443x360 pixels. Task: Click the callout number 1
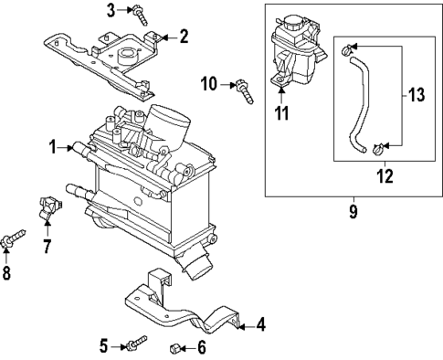(x=53, y=147)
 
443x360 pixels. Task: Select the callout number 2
(x=184, y=36)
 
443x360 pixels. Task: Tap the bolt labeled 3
(x=141, y=16)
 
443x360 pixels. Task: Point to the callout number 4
(x=261, y=324)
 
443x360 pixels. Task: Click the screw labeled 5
(x=137, y=343)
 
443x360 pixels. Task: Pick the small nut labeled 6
(x=174, y=347)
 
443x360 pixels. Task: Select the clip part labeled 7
(x=49, y=207)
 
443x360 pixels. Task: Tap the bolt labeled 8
(x=13, y=238)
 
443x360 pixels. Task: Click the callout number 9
(x=353, y=212)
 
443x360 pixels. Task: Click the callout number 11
(x=281, y=113)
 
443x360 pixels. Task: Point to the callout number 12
(x=385, y=176)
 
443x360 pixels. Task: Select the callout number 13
(x=417, y=94)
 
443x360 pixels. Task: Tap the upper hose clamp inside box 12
(x=347, y=50)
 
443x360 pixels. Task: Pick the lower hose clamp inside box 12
(x=379, y=149)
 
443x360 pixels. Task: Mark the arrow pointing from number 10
(x=227, y=84)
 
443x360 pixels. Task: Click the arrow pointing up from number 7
(x=47, y=228)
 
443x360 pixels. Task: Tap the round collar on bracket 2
(x=128, y=56)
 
